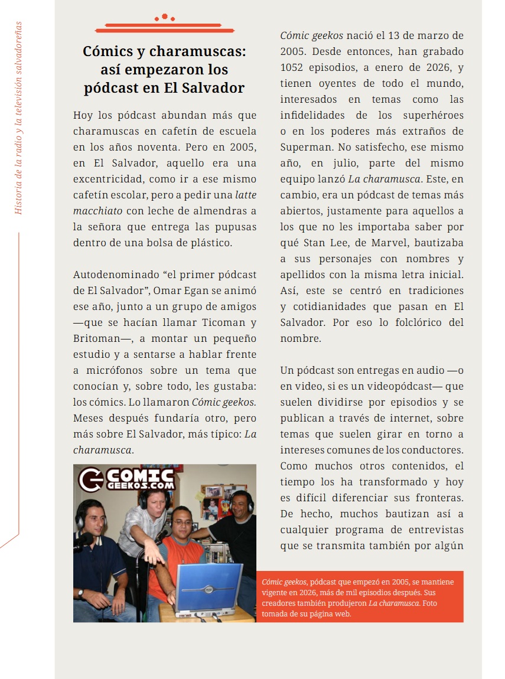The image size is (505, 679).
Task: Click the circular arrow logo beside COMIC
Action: (x=90, y=479)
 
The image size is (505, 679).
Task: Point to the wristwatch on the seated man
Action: (x=81, y=593)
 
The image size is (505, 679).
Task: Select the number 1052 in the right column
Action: (x=296, y=67)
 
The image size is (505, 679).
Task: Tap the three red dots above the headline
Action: (x=165, y=18)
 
